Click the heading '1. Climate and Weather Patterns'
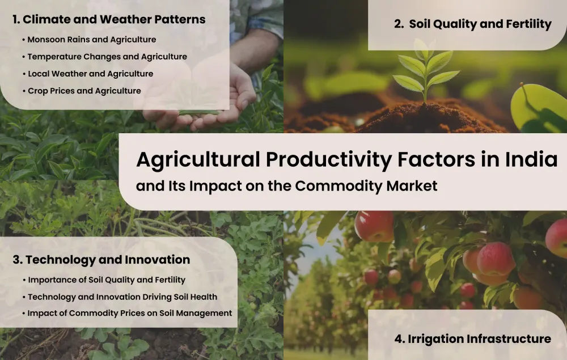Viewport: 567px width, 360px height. (x=109, y=19)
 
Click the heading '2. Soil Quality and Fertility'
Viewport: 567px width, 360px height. (x=473, y=24)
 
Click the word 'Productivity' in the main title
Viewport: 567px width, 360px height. (x=329, y=159)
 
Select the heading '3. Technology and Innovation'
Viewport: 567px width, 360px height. (x=101, y=260)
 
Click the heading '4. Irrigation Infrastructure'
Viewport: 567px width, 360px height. (x=473, y=339)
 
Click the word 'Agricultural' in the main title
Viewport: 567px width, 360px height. (x=198, y=159)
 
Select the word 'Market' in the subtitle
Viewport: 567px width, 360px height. (x=412, y=186)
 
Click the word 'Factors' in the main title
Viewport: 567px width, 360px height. (x=436, y=159)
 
